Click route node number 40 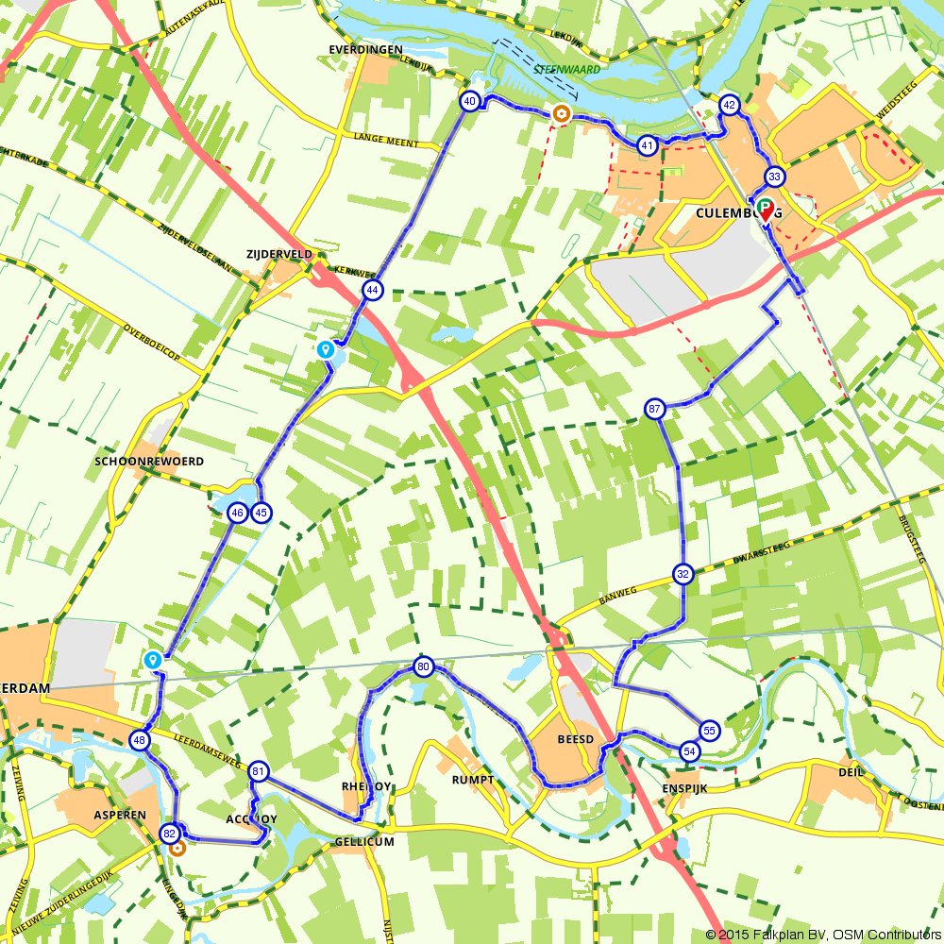coord(469,101)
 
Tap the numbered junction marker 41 coord(647,145)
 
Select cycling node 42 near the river coord(729,105)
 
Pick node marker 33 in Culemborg coord(774,177)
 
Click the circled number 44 coord(373,290)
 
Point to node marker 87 coord(656,409)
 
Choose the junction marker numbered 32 coord(683,573)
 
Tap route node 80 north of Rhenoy coord(423,667)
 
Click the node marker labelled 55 coord(709,730)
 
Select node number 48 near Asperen coord(141,740)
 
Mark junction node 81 coord(258,772)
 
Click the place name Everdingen coord(365,49)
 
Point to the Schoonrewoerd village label coord(149,462)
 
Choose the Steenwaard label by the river coord(565,69)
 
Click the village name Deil coord(851,771)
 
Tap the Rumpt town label coord(473,779)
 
